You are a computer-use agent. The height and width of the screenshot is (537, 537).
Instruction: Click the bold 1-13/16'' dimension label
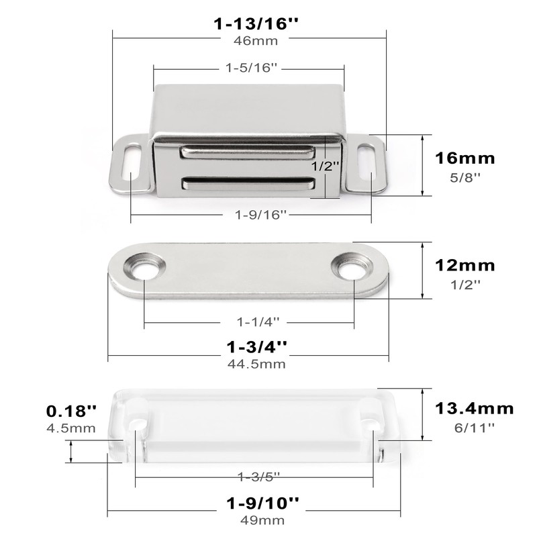(x=256, y=24)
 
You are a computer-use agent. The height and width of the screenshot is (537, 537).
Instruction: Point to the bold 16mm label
(x=465, y=159)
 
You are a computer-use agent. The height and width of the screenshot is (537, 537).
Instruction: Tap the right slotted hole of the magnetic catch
(x=366, y=164)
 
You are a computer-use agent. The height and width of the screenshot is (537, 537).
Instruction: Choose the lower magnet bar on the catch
(x=247, y=183)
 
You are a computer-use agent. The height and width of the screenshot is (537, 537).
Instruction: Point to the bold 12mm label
(x=465, y=266)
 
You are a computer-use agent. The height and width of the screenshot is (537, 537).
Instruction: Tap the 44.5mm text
(x=256, y=364)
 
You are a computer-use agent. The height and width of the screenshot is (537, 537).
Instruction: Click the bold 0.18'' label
(x=72, y=409)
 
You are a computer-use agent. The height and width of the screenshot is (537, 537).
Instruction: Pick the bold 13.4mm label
(x=475, y=409)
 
